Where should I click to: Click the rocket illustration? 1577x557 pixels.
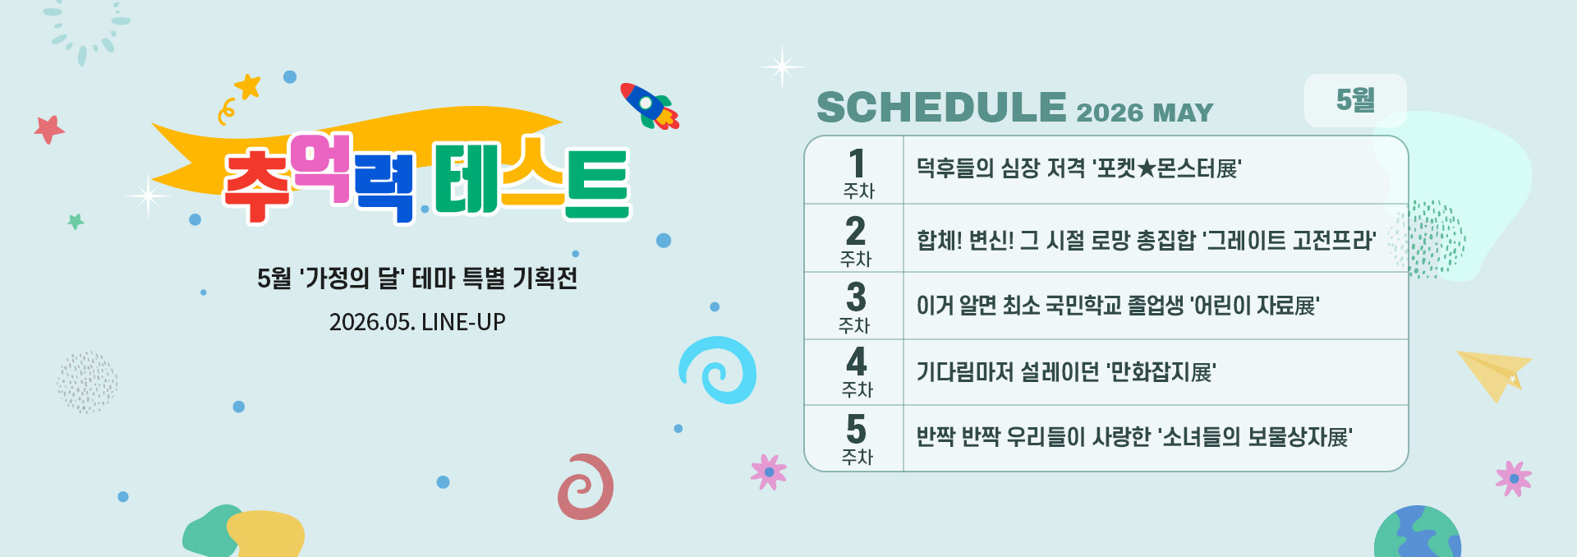tap(650, 106)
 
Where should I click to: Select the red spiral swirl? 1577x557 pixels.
tap(586, 486)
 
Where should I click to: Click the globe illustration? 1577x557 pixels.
tap(1417, 532)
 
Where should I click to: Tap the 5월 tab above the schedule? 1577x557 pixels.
tap(1355, 100)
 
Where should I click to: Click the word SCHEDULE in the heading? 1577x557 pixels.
tap(941, 108)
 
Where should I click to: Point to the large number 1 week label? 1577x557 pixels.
tap(857, 163)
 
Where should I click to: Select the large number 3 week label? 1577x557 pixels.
tap(856, 297)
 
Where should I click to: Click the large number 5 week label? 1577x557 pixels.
tap(856, 430)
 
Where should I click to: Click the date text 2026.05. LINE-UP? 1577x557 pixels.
tap(417, 321)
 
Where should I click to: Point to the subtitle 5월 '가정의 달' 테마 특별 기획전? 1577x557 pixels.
tap(417, 278)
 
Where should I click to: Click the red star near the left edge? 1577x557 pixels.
tap(49, 129)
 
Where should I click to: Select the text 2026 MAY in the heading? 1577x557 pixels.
tap(1144, 112)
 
